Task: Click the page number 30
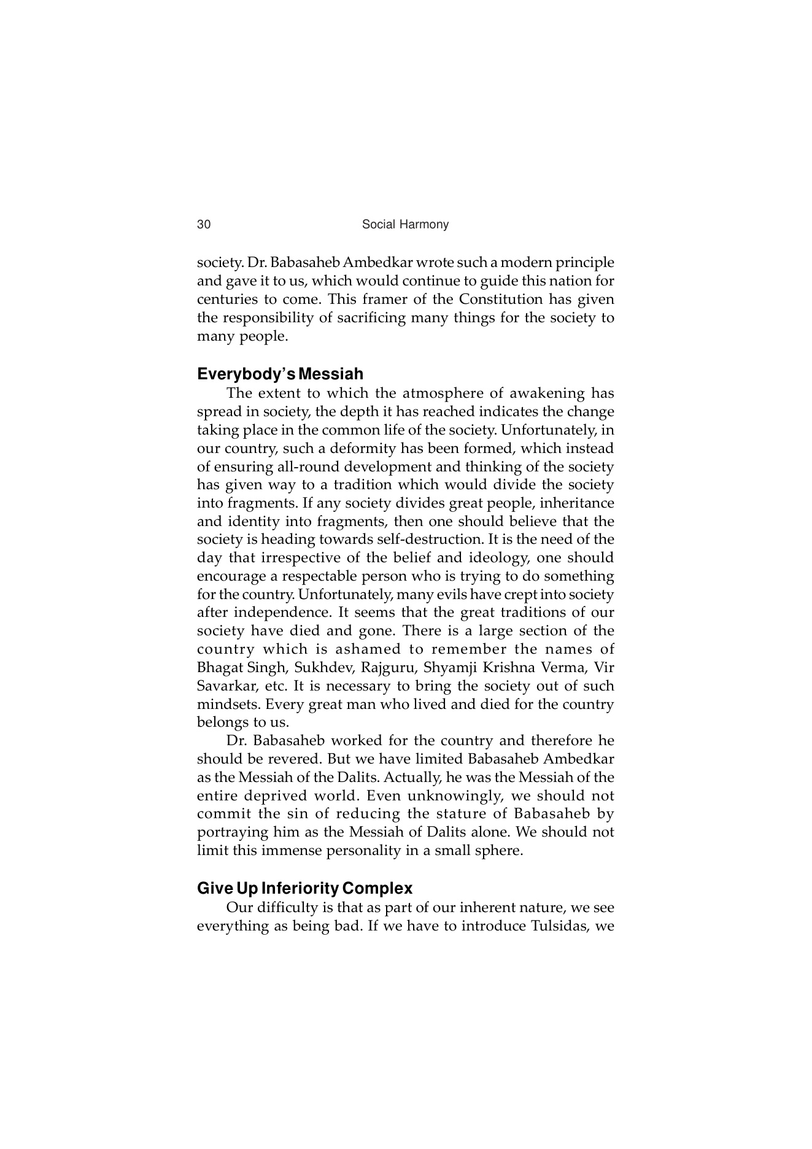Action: pos(203,225)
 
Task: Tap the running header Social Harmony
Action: pos(405,225)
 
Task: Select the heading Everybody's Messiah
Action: pos(280,374)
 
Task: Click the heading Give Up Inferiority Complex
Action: pos(304,888)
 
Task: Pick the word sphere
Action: pos(497,851)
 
